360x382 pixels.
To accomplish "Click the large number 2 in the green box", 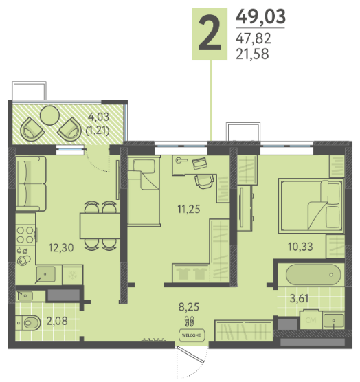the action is [x=210, y=34].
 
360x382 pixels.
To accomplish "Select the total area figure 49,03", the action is [x=260, y=16].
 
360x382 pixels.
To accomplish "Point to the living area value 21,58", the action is [x=252, y=54].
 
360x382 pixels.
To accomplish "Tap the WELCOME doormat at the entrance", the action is [x=192, y=335].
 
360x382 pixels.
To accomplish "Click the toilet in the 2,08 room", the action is [x=29, y=323].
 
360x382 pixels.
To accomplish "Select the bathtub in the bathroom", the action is [x=313, y=275].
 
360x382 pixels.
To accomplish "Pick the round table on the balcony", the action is [x=49, y=115].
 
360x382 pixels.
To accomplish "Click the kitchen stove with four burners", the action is [x=25, y=234].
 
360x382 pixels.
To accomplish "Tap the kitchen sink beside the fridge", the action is [x=46, y=274].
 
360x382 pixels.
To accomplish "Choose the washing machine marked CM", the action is [x=311, y=319].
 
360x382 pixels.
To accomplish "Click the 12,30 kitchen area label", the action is [x=61, y=247].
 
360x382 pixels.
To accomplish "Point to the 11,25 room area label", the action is [x=189, y=209].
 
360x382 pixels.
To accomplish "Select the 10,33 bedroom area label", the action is [x=300, y=247].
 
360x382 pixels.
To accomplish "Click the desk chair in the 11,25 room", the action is [x=204, y=181].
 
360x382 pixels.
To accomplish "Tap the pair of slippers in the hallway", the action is [x=189, y=321].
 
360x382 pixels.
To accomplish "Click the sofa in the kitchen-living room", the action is [x=31, y=184].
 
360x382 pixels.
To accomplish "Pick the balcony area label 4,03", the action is [x=98, y=117].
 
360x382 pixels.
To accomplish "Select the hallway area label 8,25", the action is [x=189, y=307].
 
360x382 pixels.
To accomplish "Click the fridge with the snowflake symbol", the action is [x=73, y=275].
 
